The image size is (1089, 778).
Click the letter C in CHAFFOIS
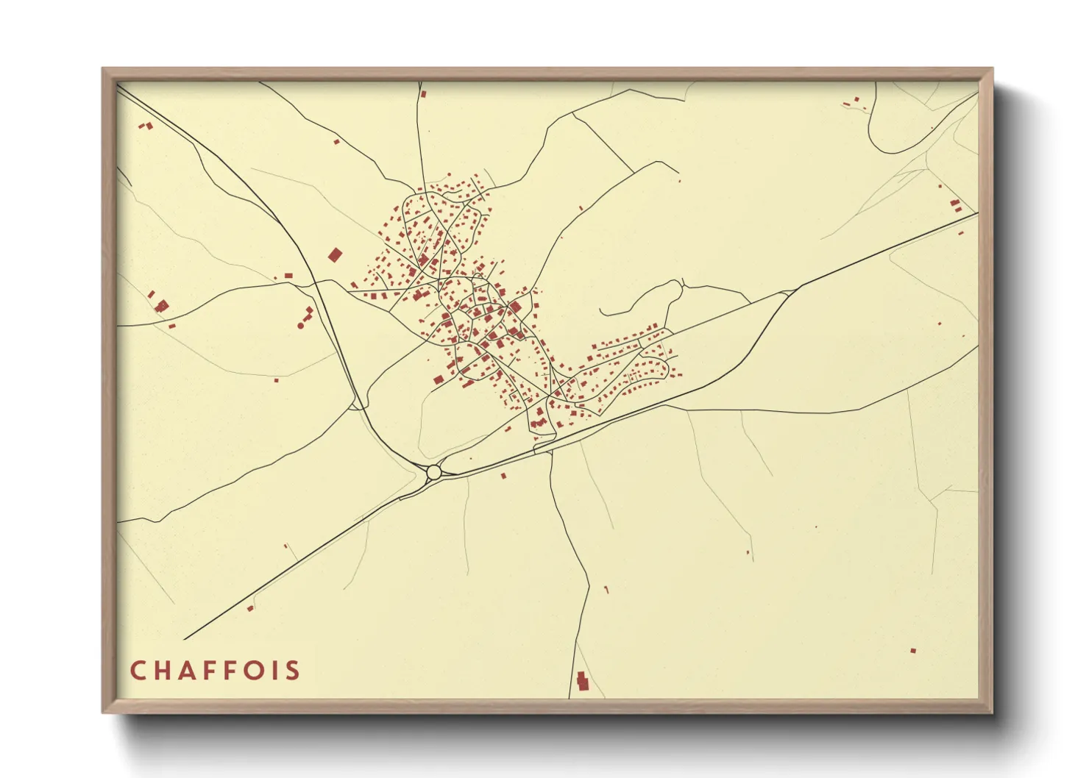point(138,671)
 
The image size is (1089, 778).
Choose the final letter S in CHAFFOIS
point(294,671)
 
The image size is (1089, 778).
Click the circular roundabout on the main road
point(433,471)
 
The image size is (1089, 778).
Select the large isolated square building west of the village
point(335,255)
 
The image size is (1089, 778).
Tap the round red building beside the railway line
point(300,324)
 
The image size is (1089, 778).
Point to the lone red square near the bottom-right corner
point(913,651)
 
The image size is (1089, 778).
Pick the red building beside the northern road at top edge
point(423,94)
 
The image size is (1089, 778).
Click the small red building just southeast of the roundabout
point(503,476)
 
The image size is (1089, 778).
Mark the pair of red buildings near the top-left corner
point(146,126)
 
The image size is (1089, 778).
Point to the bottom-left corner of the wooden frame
point(104,711)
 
